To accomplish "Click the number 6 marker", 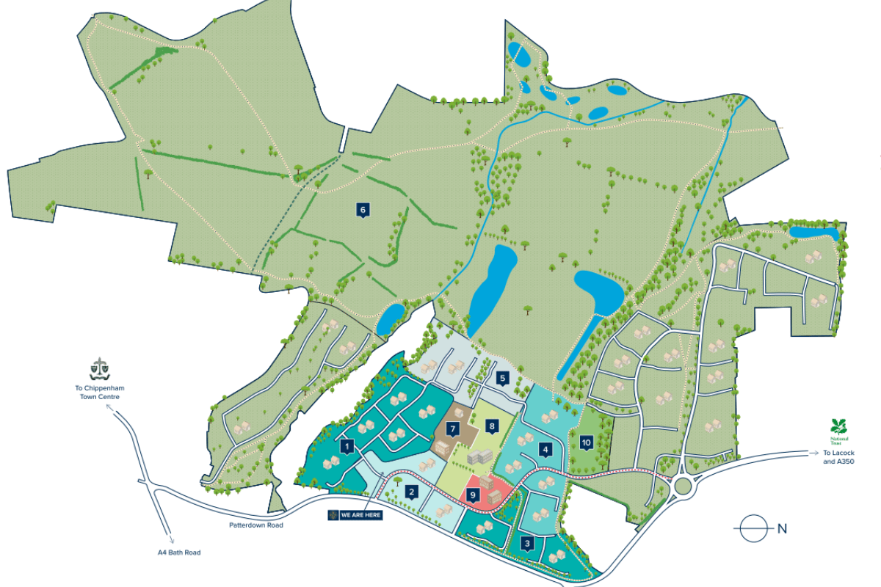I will pyautogui.click(x=363, y=210).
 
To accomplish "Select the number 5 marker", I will pyautogui.click(x=502, y=379).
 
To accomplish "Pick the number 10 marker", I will pyautogui.click(x=545, y=449).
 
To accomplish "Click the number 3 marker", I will pyautogui.click(x=527, y=544).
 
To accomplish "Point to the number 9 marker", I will pyautogui.click(x=474, y=496).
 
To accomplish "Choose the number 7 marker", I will pyautogui.click(x=454, y=429).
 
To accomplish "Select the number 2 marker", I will pyautogui.click(x=413, y=492).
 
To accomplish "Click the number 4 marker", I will pyautogui.click(x=586, y=442).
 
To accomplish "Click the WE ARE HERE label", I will pyautogui.click(x=355, y=514).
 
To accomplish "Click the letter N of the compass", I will pyautogui.click(x=782, y=528).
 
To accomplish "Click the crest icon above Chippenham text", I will pyautogui.click(x=98, y=367).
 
